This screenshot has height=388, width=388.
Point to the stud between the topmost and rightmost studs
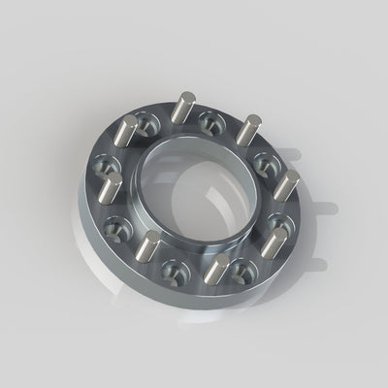pos(250,129)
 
